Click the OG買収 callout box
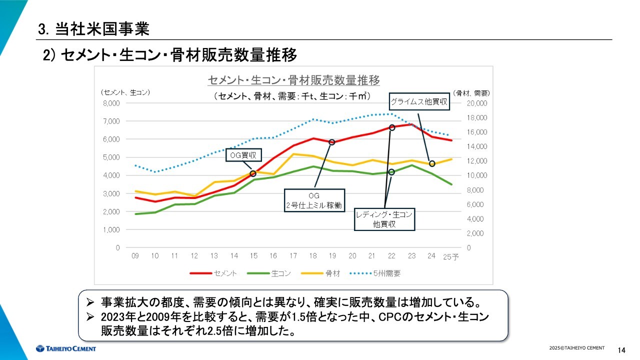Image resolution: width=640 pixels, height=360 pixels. click(x=243, y=155)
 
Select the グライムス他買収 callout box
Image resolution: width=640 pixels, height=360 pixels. click(x=419, y=102)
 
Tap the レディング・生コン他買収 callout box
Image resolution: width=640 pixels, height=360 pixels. click(x=384, y=219)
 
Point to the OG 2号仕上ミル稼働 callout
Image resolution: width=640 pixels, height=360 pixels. click(x=314, y=200)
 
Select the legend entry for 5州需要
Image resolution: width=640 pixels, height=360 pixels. click(x=377, y=273)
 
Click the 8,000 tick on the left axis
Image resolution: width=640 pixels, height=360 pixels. click(x=111, y=103)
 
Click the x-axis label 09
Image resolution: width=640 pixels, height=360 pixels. click(x=135, y=256)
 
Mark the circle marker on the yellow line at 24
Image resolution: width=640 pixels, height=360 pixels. click(x=432, y=163)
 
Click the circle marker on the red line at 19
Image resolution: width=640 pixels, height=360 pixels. click(x=332, y=142)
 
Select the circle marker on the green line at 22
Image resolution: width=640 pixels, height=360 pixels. click(x=391, y=172)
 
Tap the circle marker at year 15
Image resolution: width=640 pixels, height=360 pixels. click(x=253, y=173)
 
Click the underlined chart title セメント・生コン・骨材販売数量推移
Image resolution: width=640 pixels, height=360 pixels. click(x=293, y=80)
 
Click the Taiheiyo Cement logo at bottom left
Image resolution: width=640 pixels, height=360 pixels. click(x=65, y=348)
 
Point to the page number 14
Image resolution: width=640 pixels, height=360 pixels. click(x=622, y=349)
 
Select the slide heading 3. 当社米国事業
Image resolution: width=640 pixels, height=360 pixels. click(x=93, y=29)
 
